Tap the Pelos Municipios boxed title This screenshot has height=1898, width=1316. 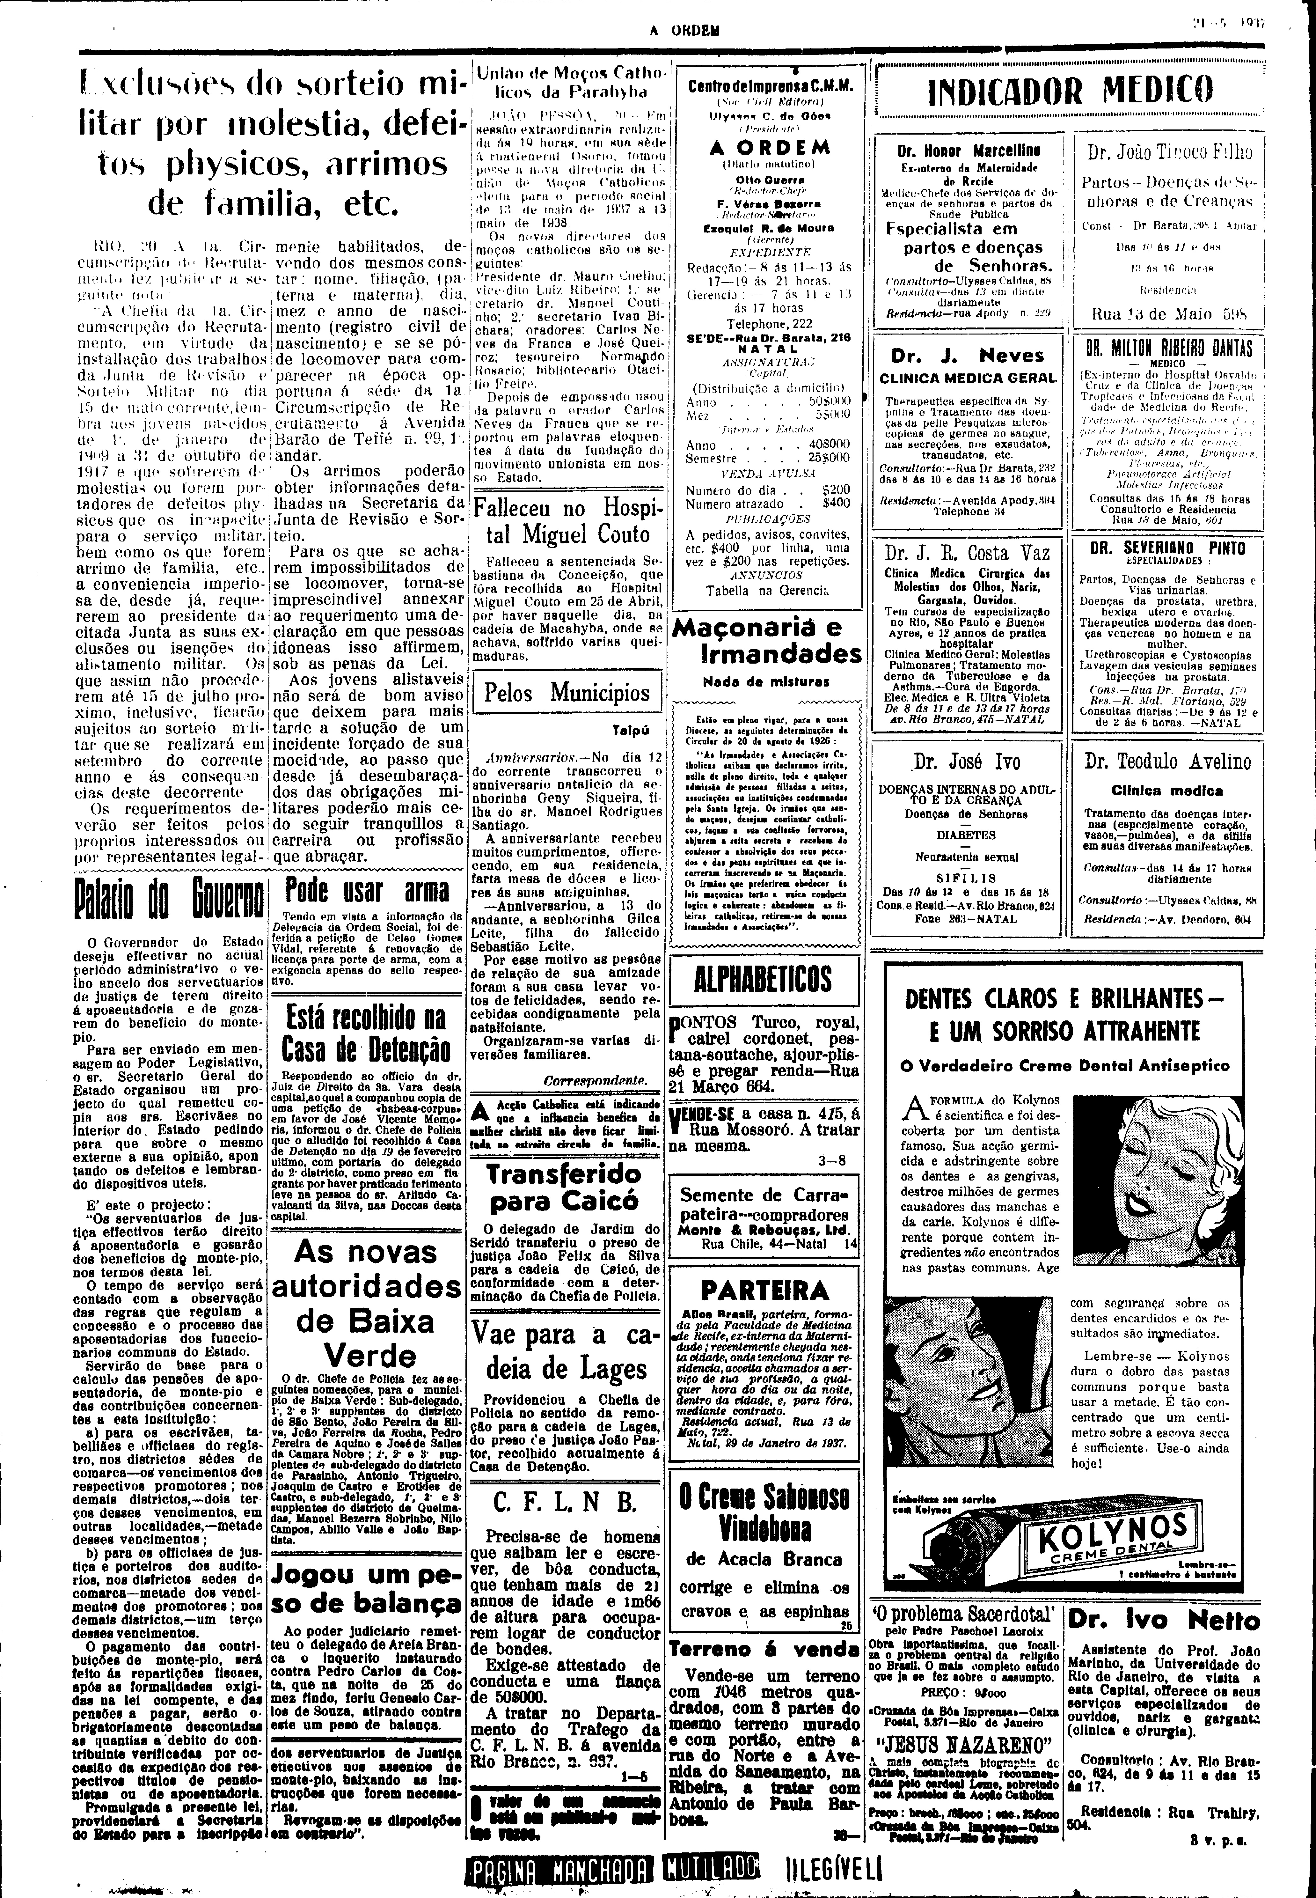click(567, 691)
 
